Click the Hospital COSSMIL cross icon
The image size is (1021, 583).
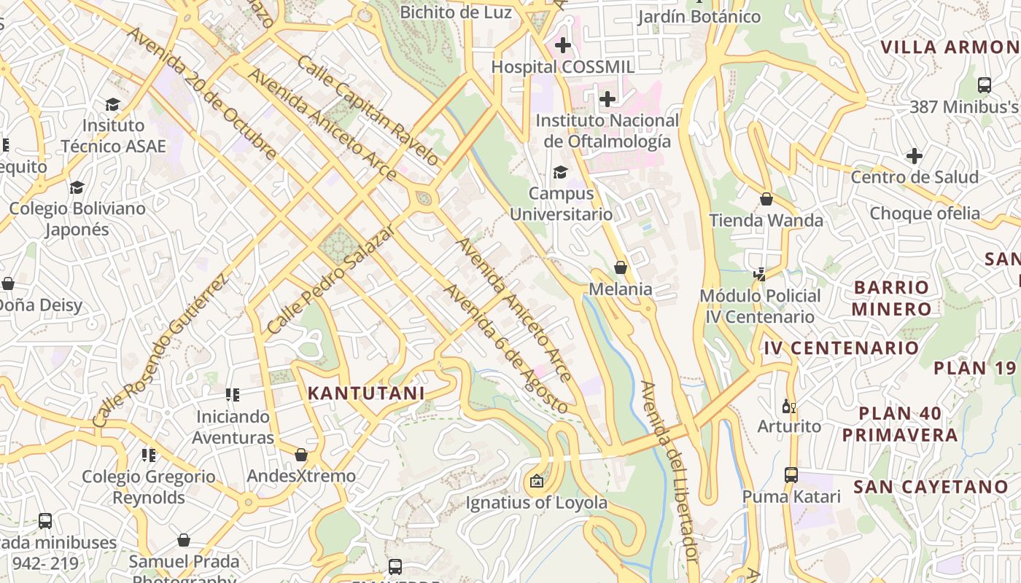point(562,45)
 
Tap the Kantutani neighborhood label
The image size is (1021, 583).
point(365,394)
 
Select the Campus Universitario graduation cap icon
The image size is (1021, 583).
point(560,172)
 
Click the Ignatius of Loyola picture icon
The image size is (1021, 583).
point(537,481)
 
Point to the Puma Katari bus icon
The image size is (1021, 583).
point(791,475)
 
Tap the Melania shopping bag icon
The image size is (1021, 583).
point(621,267)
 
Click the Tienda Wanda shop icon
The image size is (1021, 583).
point(766,199)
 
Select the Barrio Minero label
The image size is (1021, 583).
point(890,297)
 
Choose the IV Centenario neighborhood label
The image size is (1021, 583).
point(841,348)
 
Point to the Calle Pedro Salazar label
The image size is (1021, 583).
point(331,279)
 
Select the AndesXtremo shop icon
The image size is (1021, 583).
point(301,455)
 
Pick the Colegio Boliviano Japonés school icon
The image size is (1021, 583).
point(77,187)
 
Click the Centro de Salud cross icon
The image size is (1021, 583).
point(915,156)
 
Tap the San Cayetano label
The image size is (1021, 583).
point(931,486)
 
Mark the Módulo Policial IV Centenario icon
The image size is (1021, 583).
point(760,274)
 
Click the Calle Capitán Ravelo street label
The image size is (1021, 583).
point(368,111)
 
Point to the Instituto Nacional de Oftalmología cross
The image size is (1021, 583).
point(607,99)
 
